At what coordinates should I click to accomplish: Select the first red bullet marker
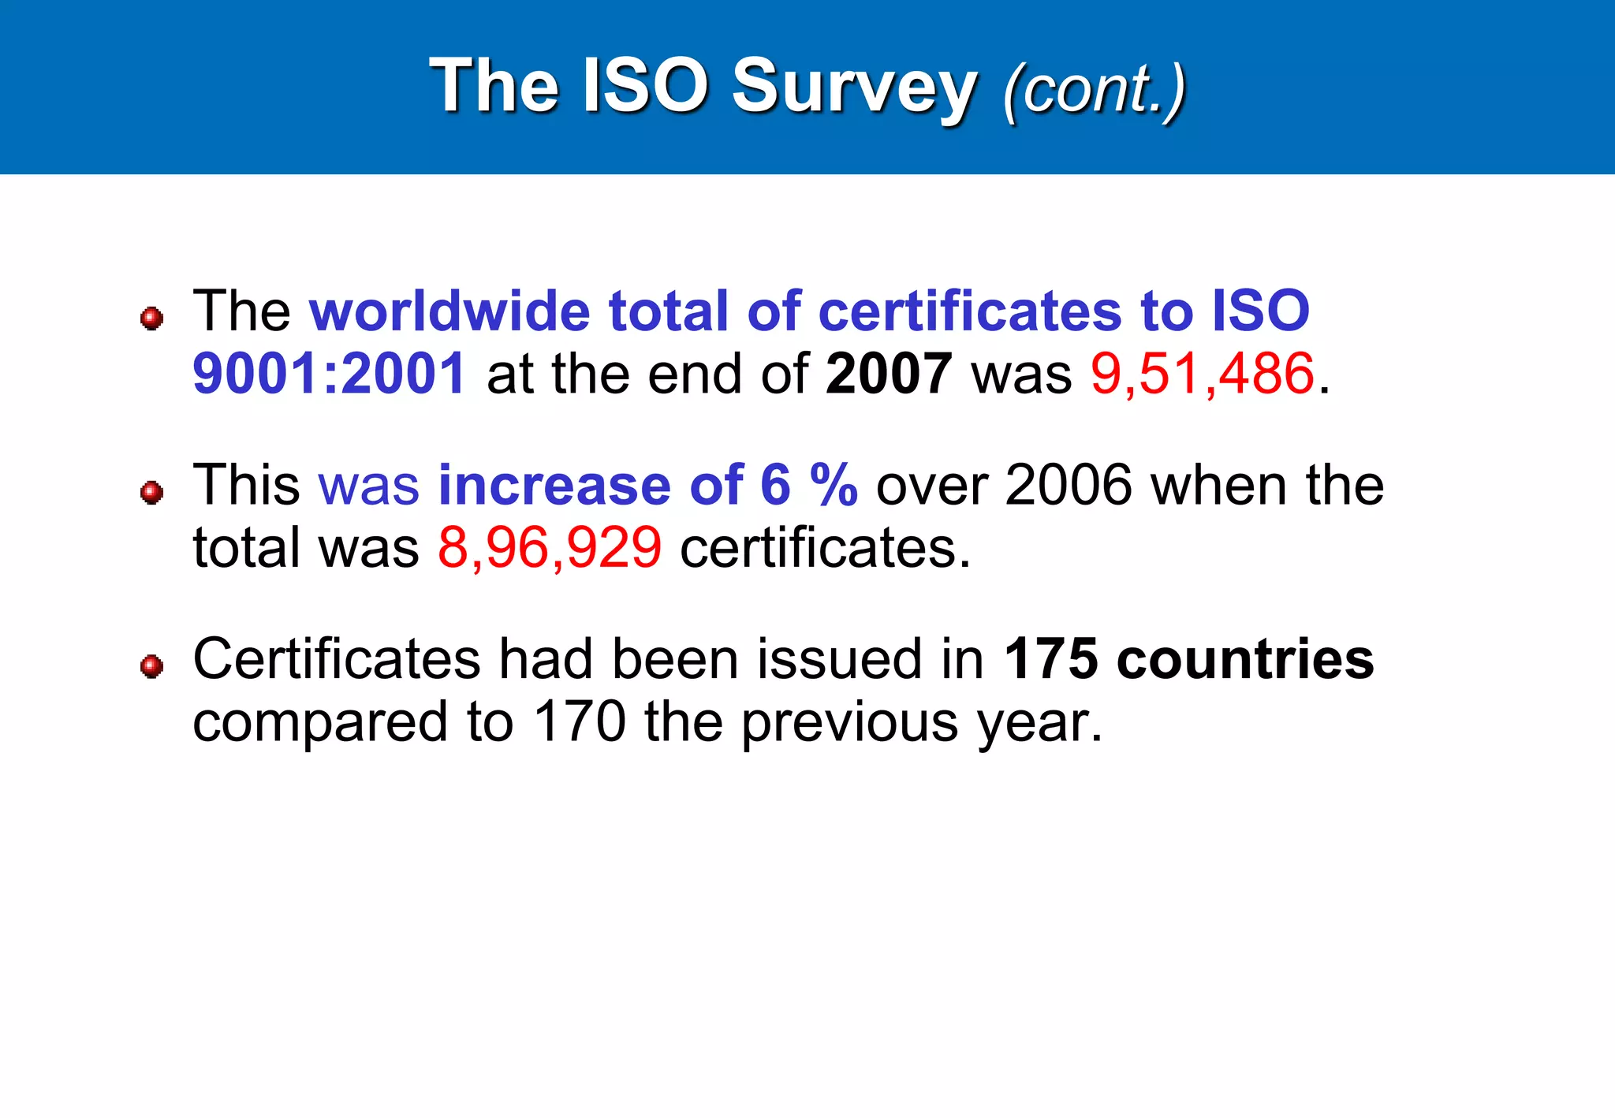[151, 319]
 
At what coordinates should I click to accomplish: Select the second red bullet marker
[151, 493]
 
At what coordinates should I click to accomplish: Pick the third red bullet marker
[151, 667]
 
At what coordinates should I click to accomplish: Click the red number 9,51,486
[1203, 373]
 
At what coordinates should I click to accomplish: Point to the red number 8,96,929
[550, 547]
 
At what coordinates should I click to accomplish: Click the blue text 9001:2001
[329, 373]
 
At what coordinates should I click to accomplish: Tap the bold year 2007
[889, 373]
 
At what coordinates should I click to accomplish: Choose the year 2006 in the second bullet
[1069, 484]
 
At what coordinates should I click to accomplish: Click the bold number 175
[1050, 658]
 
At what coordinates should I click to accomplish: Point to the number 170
[580, 721]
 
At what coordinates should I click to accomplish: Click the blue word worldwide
[449, 311]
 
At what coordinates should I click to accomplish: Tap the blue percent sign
[834, 484]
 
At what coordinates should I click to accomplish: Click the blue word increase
[554, 484]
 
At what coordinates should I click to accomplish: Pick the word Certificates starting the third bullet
[337, 658]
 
